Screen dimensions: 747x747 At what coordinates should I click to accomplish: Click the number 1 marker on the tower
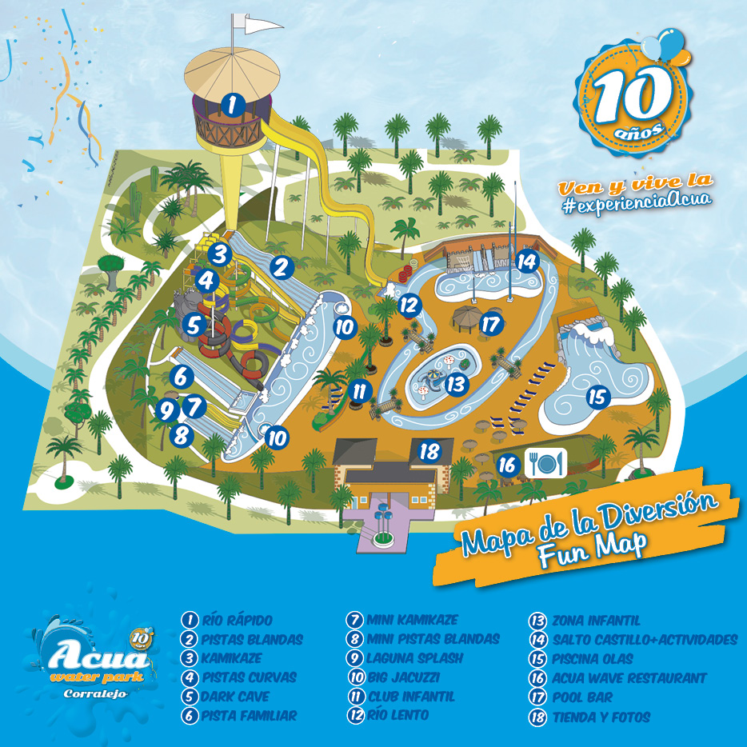[231, 104]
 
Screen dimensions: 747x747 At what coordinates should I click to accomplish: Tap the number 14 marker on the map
[525, 261]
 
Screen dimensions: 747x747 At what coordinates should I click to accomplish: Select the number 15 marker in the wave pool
[597, 396]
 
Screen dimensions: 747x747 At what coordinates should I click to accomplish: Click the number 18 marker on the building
[430, 451]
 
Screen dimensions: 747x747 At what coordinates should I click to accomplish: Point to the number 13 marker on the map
[455, 384]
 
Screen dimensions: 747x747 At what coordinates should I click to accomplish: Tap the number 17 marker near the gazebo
[491, 325]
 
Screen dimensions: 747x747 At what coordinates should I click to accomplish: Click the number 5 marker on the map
[193, 326]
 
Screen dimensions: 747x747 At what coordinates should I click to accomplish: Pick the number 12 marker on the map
[409, 304]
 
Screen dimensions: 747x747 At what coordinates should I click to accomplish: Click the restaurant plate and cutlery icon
[546, 461]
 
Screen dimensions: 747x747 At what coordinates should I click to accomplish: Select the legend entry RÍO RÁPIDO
[237, 621]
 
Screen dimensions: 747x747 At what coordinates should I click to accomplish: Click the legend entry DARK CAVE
[236, 697]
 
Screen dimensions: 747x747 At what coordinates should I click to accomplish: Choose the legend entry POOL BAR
[581, 697]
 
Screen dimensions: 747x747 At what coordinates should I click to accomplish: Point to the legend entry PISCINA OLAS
[592, 659]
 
